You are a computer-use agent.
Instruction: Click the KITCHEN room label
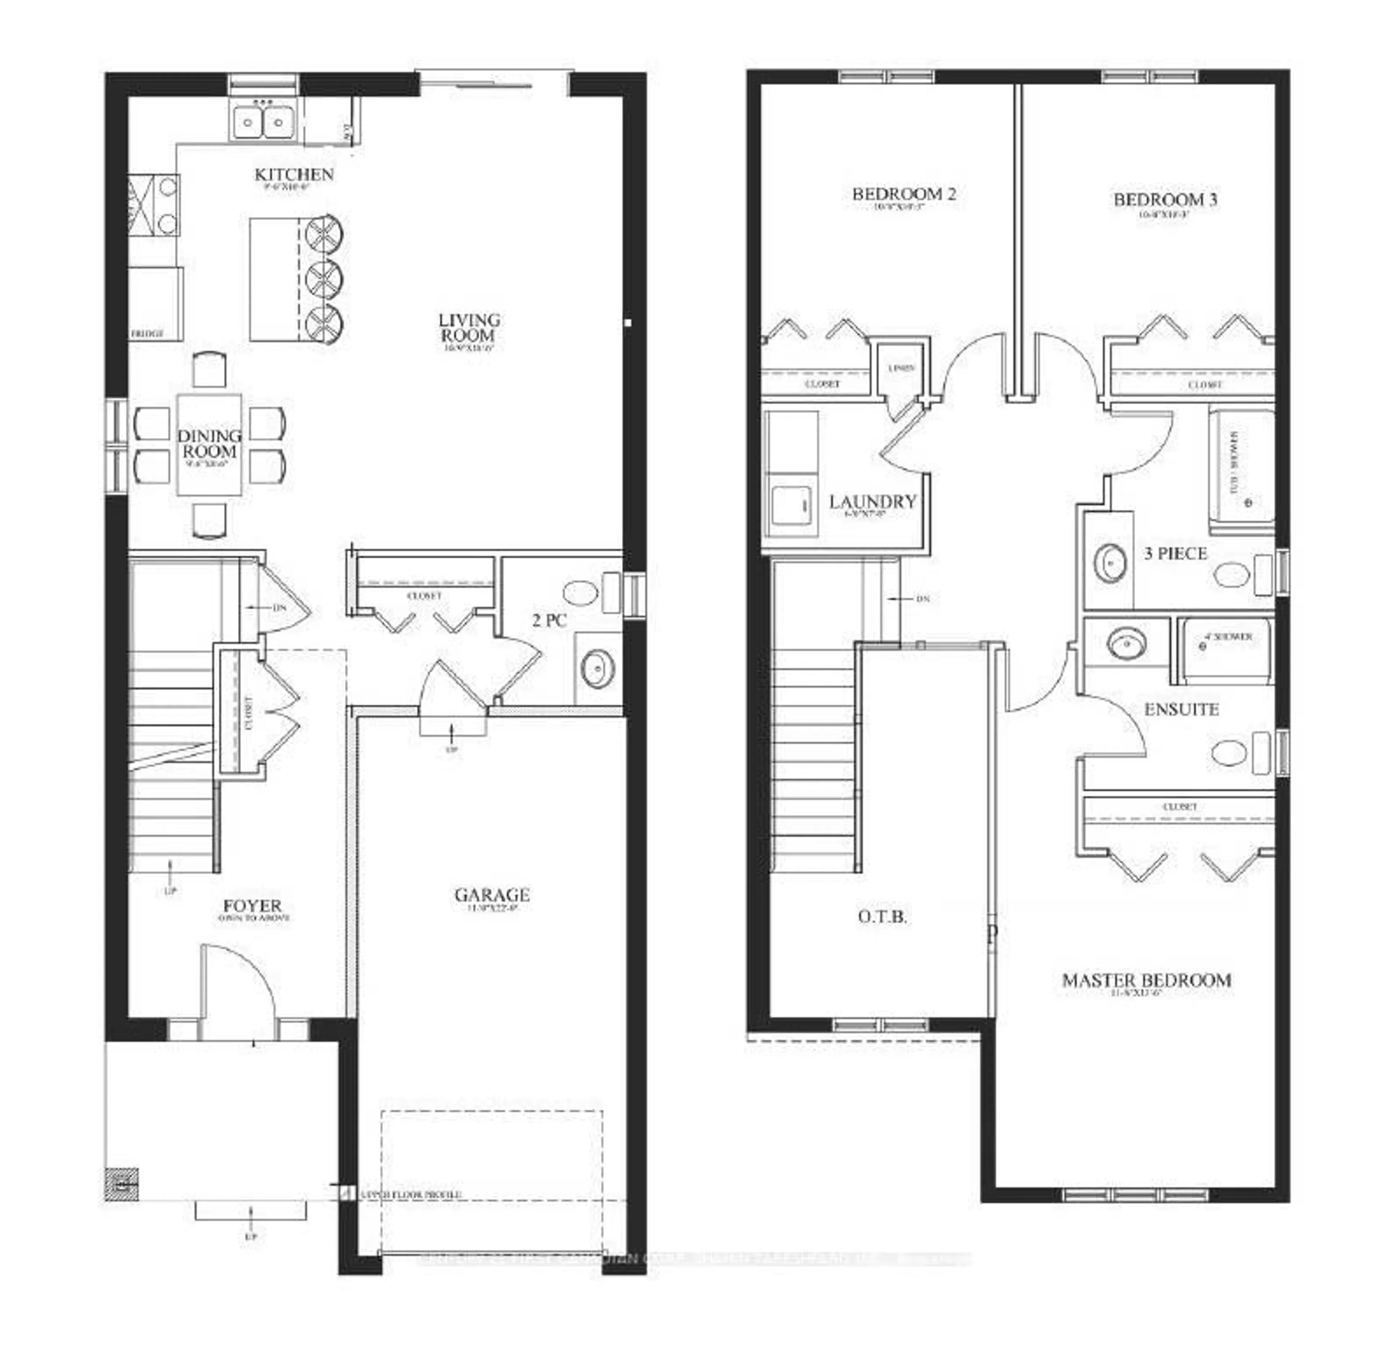pos(294,174)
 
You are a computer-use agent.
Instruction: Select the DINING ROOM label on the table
pos(209,444)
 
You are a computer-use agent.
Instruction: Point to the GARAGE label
pos(492,895)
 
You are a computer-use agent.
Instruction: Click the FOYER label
pos(252,906)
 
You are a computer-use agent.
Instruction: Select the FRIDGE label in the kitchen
pos(147,333)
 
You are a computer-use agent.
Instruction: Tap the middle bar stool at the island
pos(324,278)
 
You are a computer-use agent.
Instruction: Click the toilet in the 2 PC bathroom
pos(581,592)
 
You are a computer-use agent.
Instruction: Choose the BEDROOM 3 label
pos(1165,200)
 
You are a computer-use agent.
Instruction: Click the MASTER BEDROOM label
pos(1146,980)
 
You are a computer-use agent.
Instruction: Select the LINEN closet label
pos(901,368)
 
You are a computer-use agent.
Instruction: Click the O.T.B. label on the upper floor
pos(881,917)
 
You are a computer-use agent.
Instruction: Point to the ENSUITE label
pos(1181,709)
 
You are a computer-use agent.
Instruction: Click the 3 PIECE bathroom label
pos(1175,553)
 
